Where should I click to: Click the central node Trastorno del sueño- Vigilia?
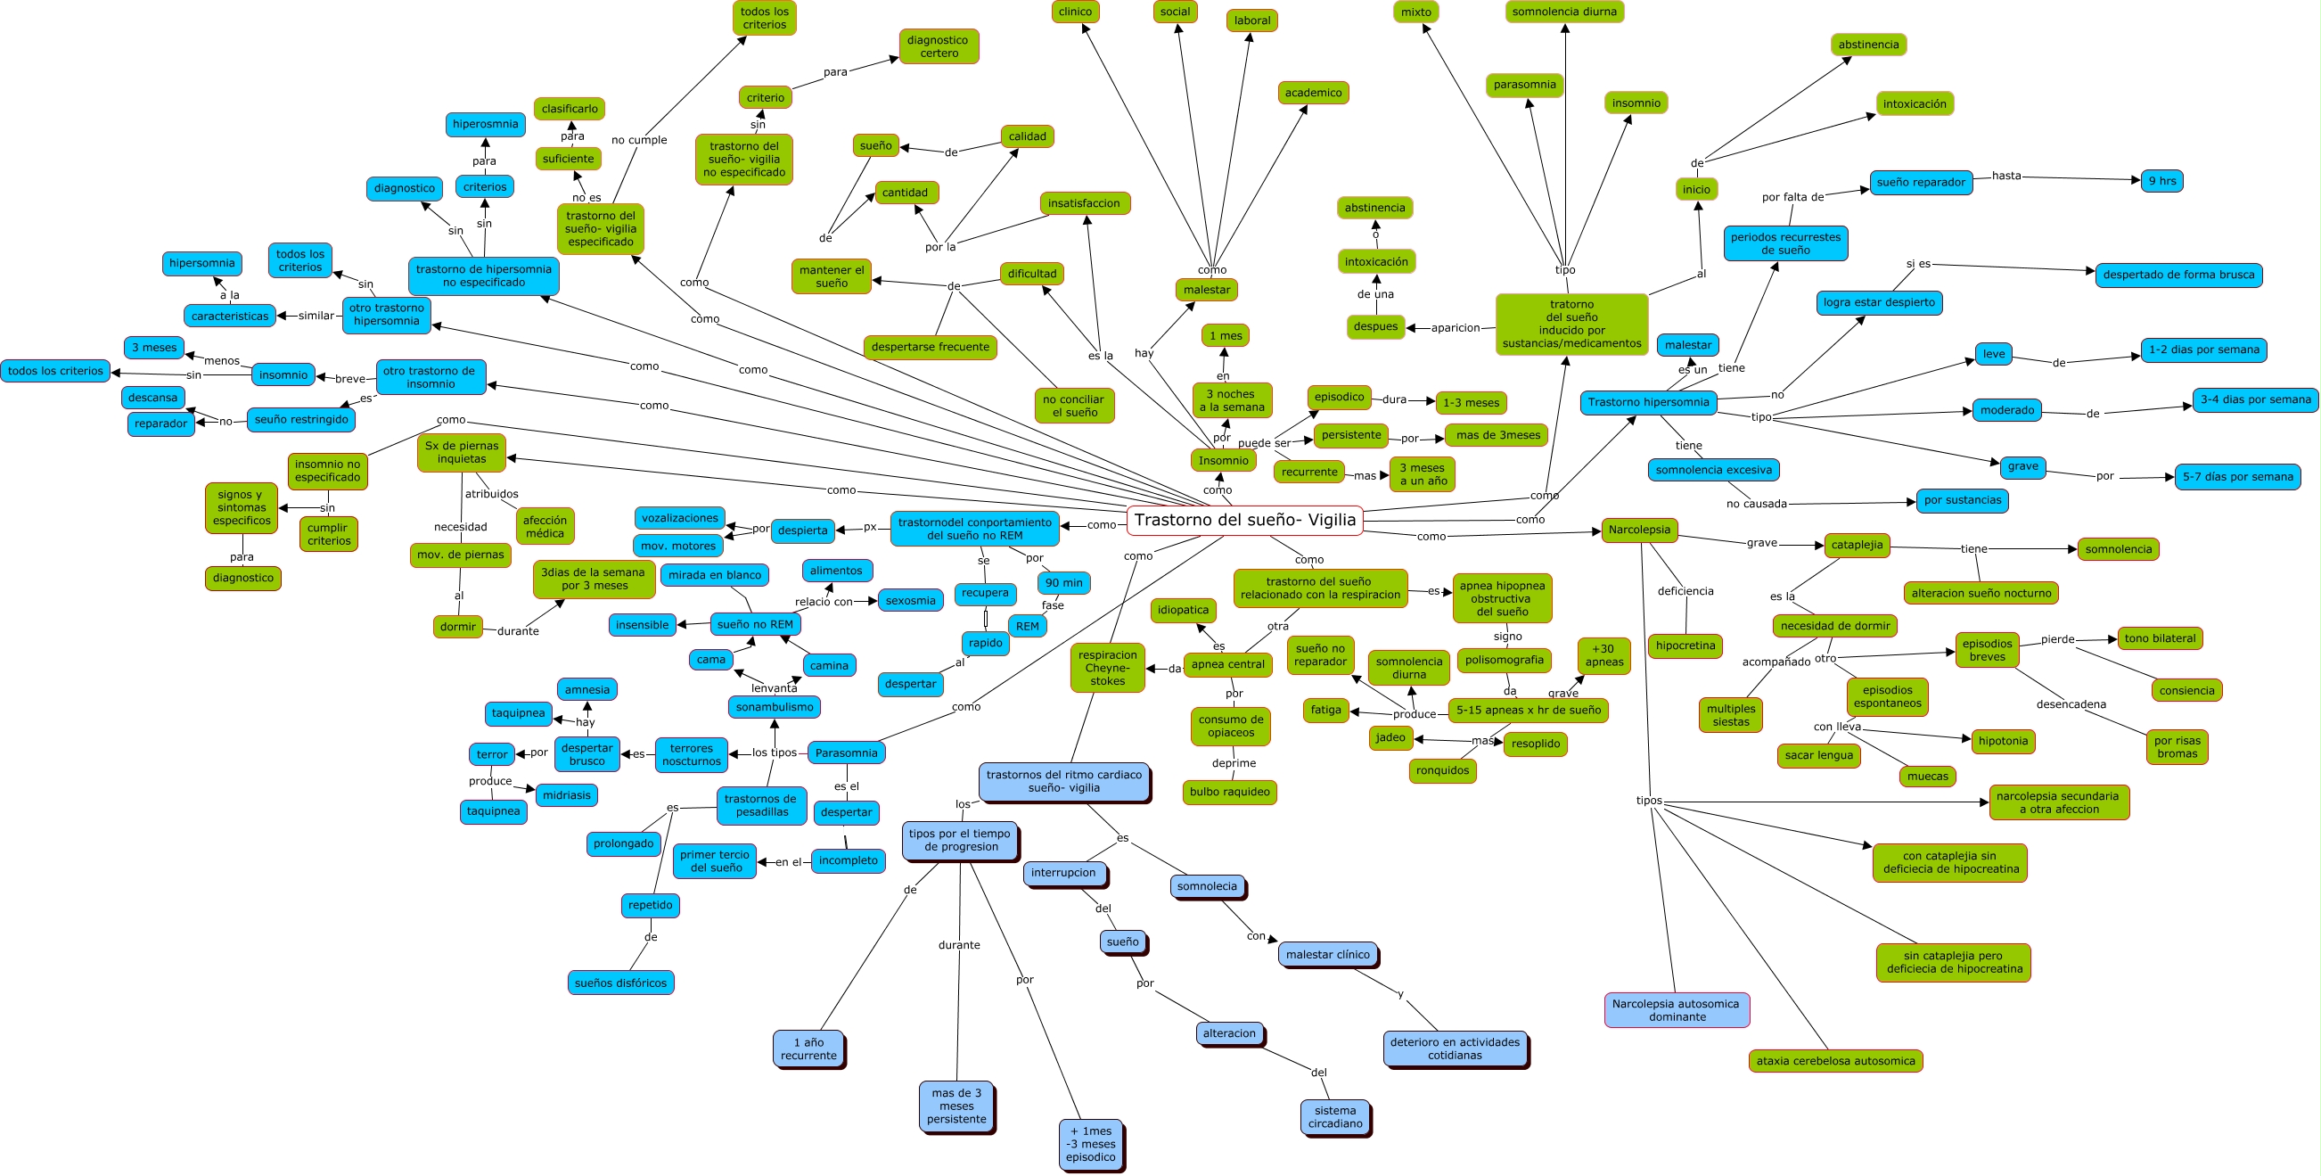[1244, 520]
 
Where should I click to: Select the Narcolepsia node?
[1639, 530]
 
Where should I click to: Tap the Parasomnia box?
[846, 752]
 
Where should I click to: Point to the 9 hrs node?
[2161, 181]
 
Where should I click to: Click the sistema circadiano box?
[1334, 1116]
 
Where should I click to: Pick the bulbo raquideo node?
[1229, 792]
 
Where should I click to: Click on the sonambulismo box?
[774, 706]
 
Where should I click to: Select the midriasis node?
[566, 794]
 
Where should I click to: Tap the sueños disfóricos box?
[620, 983]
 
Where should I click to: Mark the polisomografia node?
[1504, 660]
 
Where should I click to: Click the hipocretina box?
[1685, 646]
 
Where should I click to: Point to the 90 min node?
[1063, 583]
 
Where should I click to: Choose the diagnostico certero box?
[938, 47]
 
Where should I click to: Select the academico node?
[1313, 93]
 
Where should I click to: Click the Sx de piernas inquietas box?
[462, 452]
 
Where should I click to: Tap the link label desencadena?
[2071, 703]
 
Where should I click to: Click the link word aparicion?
[1456, 328]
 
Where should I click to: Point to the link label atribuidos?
[491, 494]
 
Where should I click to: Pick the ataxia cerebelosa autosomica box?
[1835, 1061]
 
